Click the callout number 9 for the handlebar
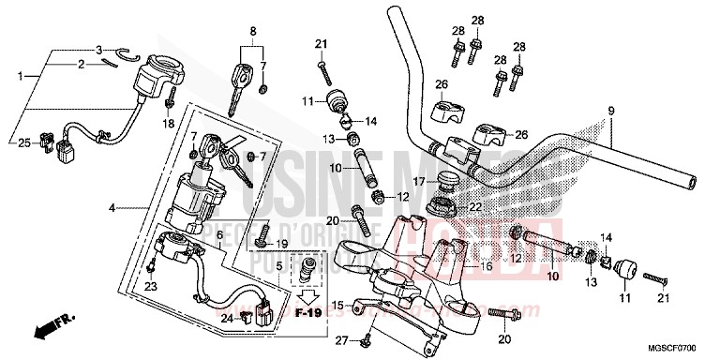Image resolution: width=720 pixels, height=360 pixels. click(611, 112)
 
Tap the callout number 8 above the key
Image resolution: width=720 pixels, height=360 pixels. click(250, 31)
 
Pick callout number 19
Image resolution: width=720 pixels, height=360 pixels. click(280, 244)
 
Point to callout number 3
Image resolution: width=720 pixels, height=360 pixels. click(98, 50)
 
